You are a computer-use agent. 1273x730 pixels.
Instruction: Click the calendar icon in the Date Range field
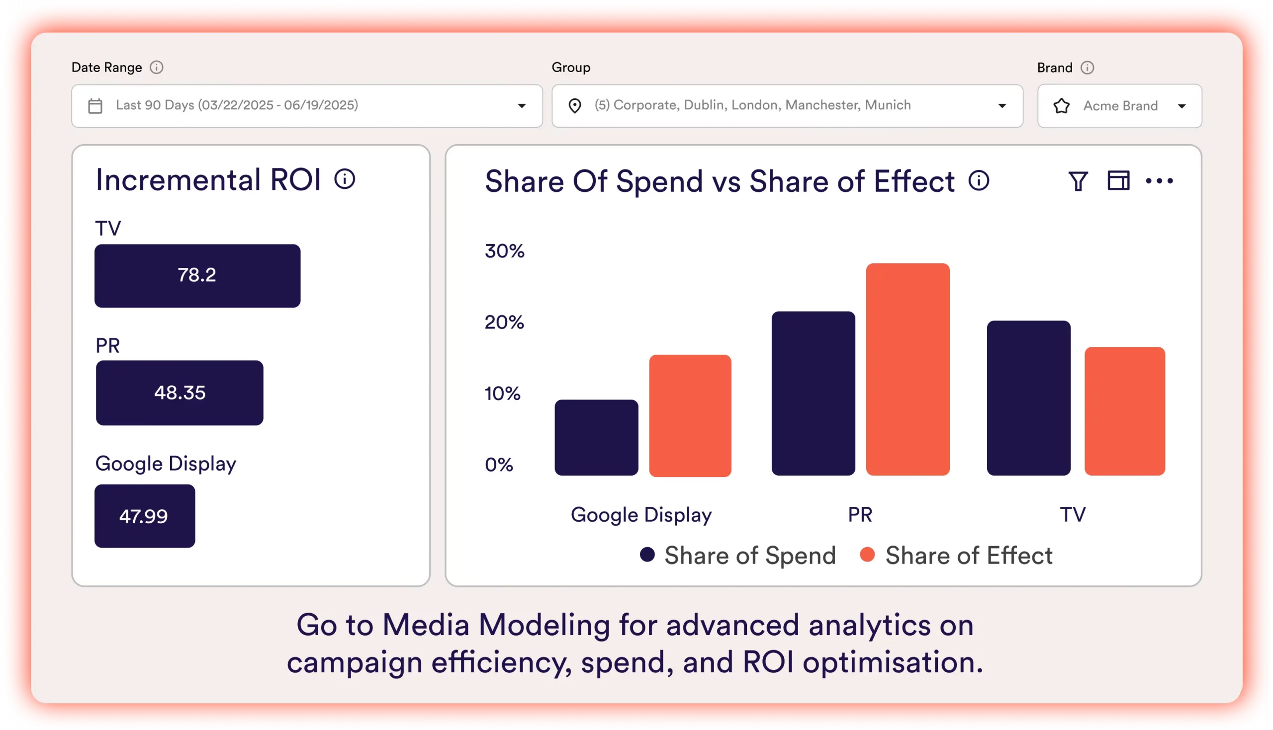(95, 106)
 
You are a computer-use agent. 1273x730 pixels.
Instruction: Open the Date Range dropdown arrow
(522, 106)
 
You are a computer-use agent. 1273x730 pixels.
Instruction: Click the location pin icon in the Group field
(575, 106)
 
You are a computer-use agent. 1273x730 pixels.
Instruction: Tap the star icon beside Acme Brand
(1061, 106)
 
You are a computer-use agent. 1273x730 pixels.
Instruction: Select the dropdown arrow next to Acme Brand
(1182, 106)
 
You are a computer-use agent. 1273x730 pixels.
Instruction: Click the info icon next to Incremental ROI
(345, 179)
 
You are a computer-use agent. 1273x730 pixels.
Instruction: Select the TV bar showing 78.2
(197, 276)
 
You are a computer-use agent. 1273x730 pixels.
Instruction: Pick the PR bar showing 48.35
(180, 393)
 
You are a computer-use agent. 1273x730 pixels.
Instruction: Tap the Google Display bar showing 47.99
(144, 516)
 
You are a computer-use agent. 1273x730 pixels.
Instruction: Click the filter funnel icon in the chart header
(1078, 181)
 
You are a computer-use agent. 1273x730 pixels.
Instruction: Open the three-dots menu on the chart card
(1159, 181)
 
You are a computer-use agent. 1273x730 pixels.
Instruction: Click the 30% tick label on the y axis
(504, 250)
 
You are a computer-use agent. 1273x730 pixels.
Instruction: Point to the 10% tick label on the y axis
(502, 394)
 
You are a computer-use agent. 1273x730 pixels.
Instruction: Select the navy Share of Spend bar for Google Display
(596, 437)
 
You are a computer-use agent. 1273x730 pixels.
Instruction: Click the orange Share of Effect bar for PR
(908, 369)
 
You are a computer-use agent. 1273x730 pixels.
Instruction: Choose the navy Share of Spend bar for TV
(1028, 398)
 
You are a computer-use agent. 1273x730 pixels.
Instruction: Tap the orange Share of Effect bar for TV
(1124, 410)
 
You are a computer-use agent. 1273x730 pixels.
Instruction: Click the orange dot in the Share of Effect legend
(867, 555)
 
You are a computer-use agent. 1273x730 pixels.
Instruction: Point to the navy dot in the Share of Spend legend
(647, 555)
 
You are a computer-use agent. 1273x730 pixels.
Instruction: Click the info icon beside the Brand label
(1087, 68)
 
